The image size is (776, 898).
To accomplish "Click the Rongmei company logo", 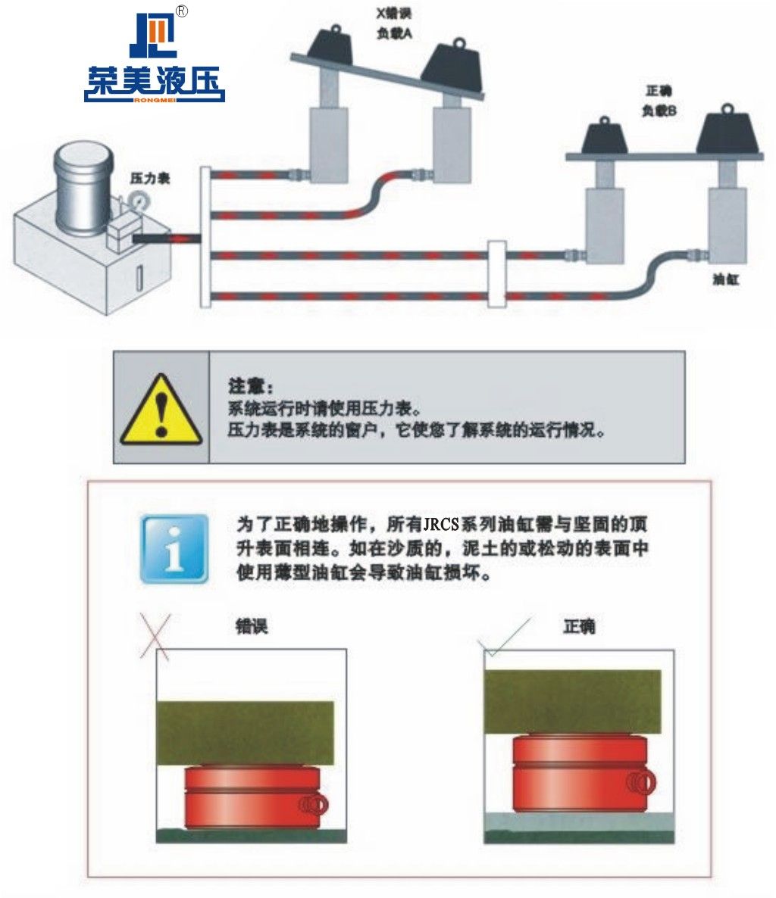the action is [x=154, y=57].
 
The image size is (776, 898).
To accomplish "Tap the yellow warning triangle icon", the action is [x=161, y=410].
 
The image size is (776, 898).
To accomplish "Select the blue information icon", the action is [x=175, y=549].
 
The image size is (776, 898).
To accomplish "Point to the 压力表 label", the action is [x=150, y=179].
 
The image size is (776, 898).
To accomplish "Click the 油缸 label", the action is [x=725, y=279].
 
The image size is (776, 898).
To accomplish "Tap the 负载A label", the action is [x=394, y=34].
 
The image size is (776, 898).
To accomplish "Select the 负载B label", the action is [x=659, y=111].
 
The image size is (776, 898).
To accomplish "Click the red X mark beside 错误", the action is [x=155, y=636].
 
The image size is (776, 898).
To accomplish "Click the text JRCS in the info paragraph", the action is [x=441, y=524].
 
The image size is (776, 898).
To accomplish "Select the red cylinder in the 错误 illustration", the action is [x=253, y=798].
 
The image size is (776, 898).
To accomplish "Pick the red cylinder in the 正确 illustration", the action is [x=582, y=773].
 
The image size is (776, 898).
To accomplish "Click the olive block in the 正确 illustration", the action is [x=573, y=702].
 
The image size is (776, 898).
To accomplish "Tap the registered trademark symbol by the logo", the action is [x=181, y=11].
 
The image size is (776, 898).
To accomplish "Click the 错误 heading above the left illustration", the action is [x=252, y=626].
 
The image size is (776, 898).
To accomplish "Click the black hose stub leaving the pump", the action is [x=152, y=238].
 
